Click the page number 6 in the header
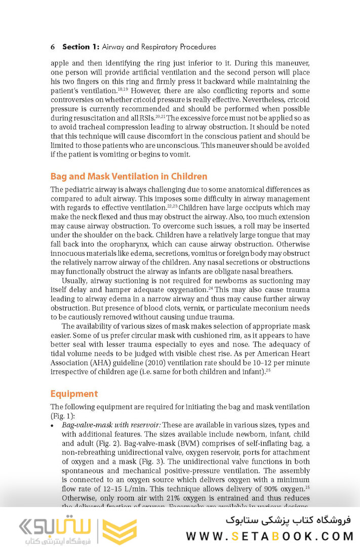coord(53,47)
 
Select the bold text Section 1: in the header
coord(81,47)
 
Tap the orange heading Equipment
coord(74,394)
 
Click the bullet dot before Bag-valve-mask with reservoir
coord(53,425)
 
